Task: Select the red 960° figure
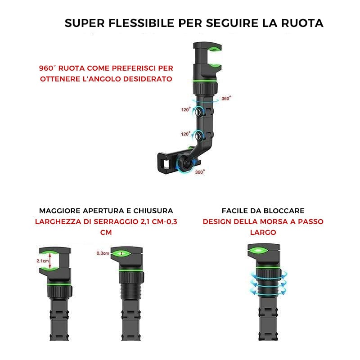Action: pyautogui.click(x=47, y=68)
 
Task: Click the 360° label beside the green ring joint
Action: pyautogui.click(x=226, y=98)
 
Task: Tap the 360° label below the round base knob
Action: pyautogui.click(x=200, y=172)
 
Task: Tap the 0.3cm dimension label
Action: pyautogui.click(x=103, y=253)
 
